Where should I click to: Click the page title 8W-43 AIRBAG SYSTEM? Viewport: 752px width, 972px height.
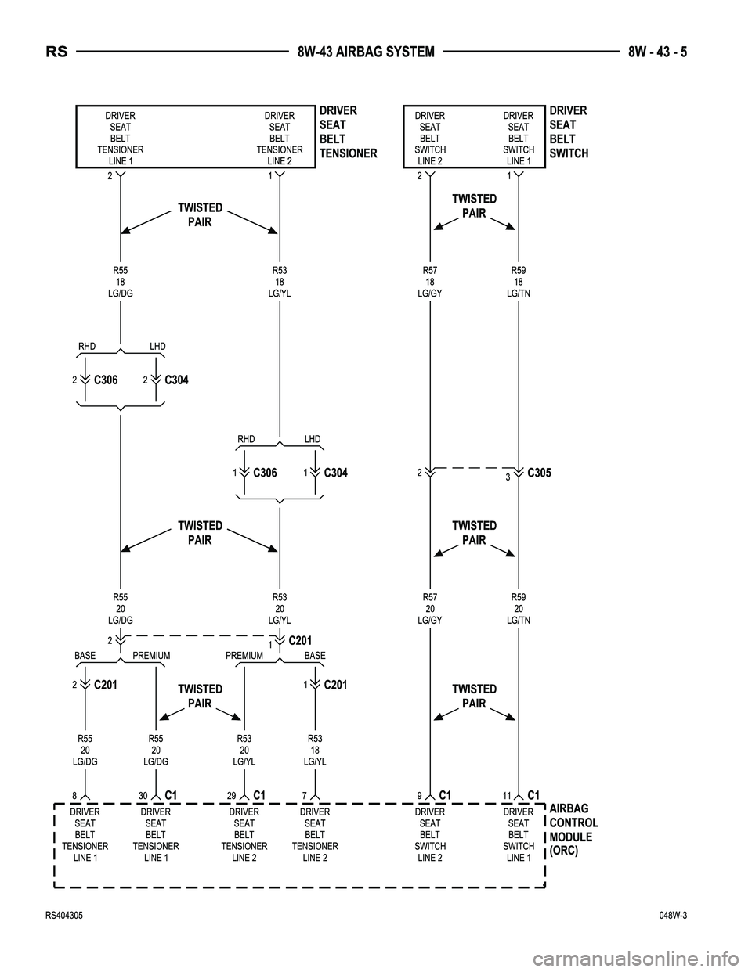pyautogui.click(x=366, y=52)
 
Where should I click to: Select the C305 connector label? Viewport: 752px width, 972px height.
pyautogui.click(x=539, y=473)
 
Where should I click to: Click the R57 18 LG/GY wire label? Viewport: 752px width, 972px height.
pyautogui.click(x=429, y=282)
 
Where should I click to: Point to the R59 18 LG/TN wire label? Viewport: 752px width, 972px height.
pyautogui.click(x=518, y=282)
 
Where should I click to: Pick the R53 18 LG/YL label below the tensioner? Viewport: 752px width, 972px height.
pyautogui.click(x=279, y=282)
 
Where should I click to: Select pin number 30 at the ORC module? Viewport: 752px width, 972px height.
pyautogui.click(x=143, y=795)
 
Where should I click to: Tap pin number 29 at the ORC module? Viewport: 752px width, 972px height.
pyautogui.click(x=231, y=795)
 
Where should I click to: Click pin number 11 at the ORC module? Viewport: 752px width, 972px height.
pyautogui.click(x=507, y=795)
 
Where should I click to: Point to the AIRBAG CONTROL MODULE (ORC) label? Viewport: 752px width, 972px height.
pyautogui.click(x=573, y=830)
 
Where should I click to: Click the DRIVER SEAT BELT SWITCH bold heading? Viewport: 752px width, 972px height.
pyautogui.click(x=569, y=131)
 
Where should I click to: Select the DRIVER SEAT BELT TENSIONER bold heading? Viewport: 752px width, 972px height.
pyautogui.click(x=348, y=131)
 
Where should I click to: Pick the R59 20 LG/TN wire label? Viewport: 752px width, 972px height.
pyautogui.click(x=518, y=609)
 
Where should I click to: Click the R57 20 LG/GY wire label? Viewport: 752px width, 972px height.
pyautogui.click(x=429, y=609)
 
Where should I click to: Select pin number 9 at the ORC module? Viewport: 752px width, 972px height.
pyautogui.click(x=419, y=795)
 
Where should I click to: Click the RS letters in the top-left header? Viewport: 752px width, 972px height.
pyautogui.click(x=56, y=52)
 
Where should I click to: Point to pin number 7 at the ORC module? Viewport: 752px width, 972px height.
pyautogui.click(x=303, y=795)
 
